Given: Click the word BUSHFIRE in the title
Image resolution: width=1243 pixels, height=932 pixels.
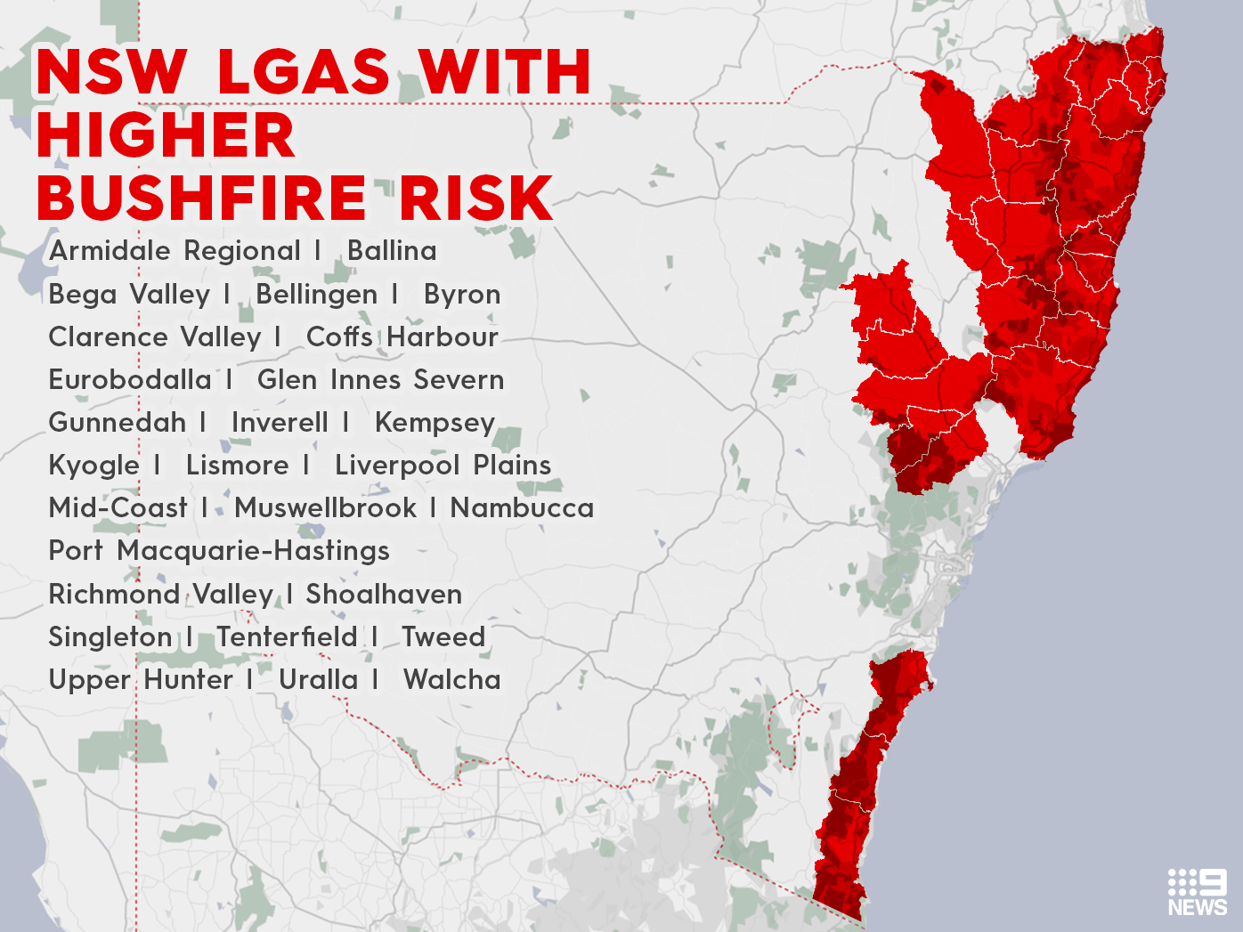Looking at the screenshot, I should click(202, 198).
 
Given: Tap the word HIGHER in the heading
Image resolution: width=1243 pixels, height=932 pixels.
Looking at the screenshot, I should click(166, 135).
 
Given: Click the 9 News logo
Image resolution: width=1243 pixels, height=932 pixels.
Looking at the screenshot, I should click(1197, 892).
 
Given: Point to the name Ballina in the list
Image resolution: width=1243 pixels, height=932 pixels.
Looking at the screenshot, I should click(392, 251).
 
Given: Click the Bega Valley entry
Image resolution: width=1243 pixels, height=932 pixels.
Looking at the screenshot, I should click(129, 295).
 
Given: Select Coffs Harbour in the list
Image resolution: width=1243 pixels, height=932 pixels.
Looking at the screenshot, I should click(402, 337).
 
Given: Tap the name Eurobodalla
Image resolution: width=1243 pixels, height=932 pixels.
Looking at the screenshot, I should click(130, 380).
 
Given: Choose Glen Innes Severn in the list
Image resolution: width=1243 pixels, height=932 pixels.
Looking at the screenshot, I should click(380, 380).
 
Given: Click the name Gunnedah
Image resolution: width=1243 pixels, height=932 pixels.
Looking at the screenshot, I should click(118, 423).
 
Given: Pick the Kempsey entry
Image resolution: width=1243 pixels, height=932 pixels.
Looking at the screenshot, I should click(435, 423).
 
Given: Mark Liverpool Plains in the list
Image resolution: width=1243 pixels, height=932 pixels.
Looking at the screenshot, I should click(443, 466).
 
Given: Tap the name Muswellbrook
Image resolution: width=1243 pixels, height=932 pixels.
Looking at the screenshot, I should click(325, 508).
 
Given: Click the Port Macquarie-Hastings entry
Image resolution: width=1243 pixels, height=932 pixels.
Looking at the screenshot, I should click(219, 551).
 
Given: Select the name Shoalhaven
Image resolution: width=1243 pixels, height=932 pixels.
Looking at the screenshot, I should click(384, 595).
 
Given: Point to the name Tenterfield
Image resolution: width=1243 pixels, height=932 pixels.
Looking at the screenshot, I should click(287, 637).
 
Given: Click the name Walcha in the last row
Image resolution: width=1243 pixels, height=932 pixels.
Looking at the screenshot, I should click(451, 680).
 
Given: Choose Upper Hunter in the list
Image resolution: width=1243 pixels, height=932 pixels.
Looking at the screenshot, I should click(141, 680).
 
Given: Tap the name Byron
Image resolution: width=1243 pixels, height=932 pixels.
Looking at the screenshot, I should click(462, 295).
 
